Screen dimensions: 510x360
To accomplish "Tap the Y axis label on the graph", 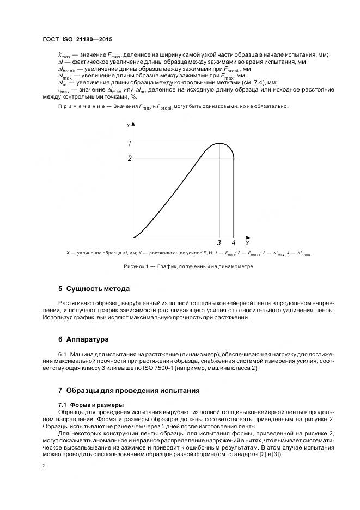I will [128, 125].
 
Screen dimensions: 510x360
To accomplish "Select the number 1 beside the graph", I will [130, 143].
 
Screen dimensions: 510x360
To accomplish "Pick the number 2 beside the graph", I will [130, 159].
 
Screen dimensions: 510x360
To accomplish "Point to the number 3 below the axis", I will [219, 243].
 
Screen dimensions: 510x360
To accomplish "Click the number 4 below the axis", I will [234, 243].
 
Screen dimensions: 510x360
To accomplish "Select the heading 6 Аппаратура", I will [83, 339].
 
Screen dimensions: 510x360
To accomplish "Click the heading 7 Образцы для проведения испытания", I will [129, 390].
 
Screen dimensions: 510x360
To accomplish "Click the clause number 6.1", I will [62, 353].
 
